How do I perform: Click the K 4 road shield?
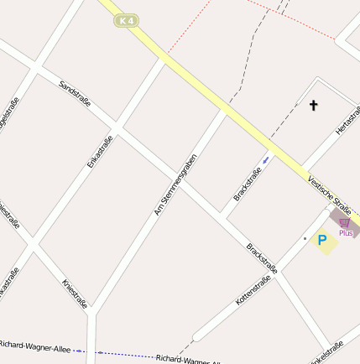[127, 19]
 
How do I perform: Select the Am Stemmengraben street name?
[175, 185]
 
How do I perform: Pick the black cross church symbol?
[314, 106]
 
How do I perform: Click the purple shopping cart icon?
[344, 223]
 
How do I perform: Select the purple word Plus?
[346, 232]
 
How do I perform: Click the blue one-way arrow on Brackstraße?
[266, 157]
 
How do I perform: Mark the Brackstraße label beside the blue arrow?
[248, 184]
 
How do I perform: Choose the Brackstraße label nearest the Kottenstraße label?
[261, 258]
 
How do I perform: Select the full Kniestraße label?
[75, 294]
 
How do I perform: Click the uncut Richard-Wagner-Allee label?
[35, 346]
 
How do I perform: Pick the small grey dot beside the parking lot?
[305, 239]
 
